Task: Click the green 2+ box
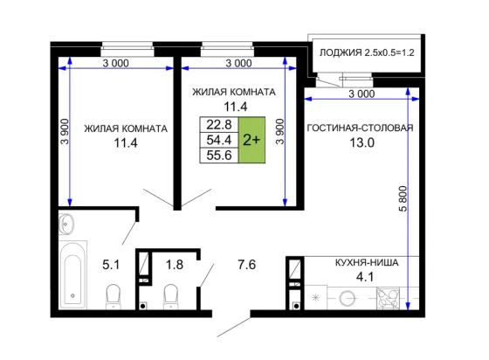click(x=251, y=140)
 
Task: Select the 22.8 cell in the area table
click(x=219, y=125)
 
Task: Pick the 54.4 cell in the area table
click(x=219, y=140)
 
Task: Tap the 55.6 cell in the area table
click(x=219, y=156)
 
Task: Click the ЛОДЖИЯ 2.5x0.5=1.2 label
click(x=367, y=52)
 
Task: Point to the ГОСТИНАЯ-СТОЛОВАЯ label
click(x=360, y=128)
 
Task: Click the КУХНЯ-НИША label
click(x=367, y=263)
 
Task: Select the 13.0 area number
click(x=362, y=143)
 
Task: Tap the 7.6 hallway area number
click(x=246, y=265)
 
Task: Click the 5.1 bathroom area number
click(x=111, y=265)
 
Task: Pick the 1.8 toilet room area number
click(x=175, y=265)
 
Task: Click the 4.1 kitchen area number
click(x=365, y=277)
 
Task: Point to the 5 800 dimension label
click(x=403, y=198)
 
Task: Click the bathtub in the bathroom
click(x=73, y=274)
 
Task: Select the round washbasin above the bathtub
click(x=66, y=224)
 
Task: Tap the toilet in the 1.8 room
click(x=171, y=297)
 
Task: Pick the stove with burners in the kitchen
click(x=388, y=299)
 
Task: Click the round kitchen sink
click(x=348, y=299)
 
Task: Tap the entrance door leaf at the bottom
click(x=234, y=328)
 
